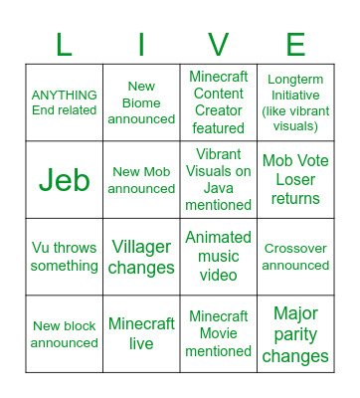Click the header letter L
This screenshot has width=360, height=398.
point(65,45)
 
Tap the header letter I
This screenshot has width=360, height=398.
point(141,45)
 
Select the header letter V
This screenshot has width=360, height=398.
point(219,45)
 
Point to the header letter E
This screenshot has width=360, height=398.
point(295,45)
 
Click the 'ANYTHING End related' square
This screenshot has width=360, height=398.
point(65,102)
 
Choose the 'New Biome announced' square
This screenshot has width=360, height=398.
point(141,102)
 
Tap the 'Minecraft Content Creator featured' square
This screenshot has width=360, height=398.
point(219,102)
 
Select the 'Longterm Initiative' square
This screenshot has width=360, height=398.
point(295,102)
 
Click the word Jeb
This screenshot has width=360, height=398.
point(65,179)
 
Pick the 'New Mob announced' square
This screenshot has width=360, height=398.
point(141,179)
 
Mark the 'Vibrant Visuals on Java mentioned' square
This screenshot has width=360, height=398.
point(219,179)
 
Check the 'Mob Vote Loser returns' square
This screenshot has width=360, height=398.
point(295,179)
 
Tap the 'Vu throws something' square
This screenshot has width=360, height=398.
point(65,257)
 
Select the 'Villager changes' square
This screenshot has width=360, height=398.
point(141,257)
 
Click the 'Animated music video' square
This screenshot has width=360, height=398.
point(219,257)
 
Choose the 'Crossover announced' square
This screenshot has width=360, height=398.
point(295,257)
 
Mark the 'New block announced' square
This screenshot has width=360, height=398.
point(65,333)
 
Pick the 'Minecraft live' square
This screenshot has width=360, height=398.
point(141,333)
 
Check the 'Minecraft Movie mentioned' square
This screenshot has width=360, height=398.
point(219,333)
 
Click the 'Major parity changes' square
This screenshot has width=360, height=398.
point(295,333)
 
